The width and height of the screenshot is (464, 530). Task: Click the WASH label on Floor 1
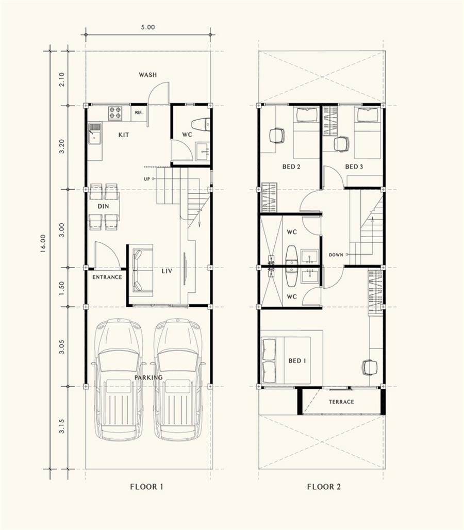[147, 75]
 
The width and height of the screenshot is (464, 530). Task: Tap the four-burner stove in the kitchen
[115, 113]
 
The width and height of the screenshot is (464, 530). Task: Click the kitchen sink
[95, 134]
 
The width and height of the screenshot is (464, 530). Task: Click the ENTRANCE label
[107, 277]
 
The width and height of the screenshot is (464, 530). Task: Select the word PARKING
[148, 377]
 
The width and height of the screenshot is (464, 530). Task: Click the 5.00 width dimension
[148, 27]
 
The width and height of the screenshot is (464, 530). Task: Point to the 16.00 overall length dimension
[43, 244]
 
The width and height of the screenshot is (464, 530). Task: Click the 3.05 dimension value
[61, 347]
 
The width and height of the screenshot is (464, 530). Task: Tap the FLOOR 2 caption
[324, 487]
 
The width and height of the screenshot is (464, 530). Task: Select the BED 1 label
[297, 361]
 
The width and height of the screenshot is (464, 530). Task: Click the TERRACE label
[341, 402]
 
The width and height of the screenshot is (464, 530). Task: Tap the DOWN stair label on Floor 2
[336, 255]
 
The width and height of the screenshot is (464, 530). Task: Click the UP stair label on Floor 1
[146, 179]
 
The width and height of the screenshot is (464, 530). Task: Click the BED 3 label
[354, 167]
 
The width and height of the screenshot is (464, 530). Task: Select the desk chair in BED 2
[277, 136]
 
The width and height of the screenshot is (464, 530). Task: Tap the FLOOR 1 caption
[146, 487]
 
